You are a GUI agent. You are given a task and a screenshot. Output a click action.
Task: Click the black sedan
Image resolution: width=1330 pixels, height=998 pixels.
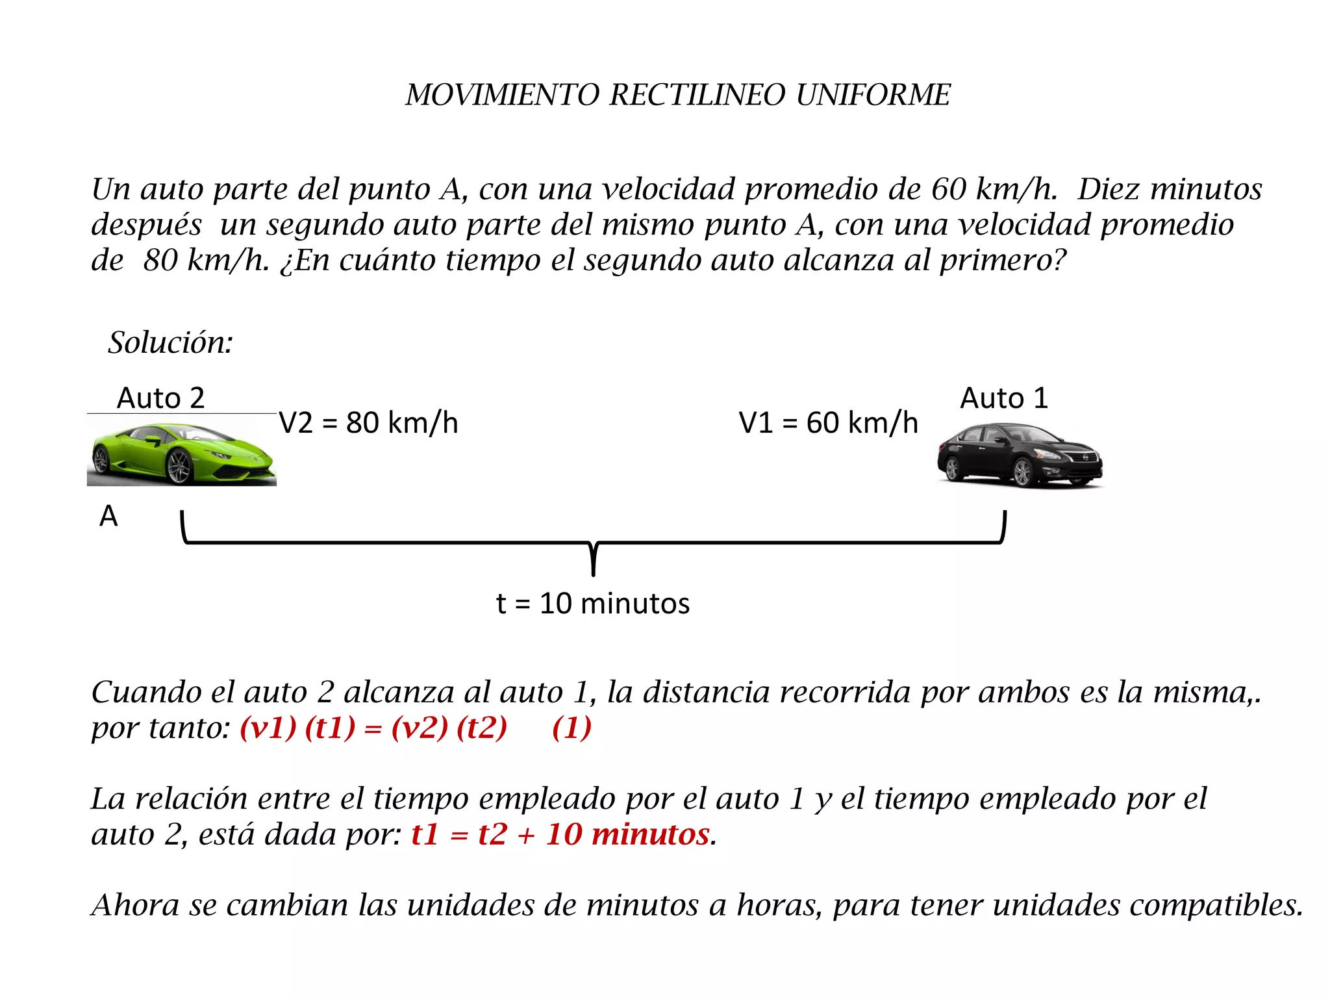(1020, 455)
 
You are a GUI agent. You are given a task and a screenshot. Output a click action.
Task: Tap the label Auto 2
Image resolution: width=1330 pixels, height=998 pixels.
(160, 398)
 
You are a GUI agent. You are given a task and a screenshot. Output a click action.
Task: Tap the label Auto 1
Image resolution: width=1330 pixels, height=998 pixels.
(1004, 398)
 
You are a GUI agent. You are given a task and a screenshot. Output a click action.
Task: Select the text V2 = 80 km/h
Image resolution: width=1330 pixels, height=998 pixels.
(368, 423)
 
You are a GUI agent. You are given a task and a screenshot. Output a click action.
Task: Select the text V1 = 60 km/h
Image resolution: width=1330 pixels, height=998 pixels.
(828, 423)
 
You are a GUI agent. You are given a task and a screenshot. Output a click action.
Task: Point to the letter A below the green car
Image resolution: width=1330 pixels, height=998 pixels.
(108, 517)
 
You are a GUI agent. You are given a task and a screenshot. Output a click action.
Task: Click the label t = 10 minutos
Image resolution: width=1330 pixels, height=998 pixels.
(592, 604)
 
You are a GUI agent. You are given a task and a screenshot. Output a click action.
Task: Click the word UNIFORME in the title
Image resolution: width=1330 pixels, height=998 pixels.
(873, 95)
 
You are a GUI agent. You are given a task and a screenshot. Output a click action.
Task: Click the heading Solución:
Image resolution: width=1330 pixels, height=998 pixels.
(170, 342)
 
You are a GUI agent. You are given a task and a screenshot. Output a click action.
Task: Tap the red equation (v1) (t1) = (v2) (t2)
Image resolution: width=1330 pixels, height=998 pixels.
(373, 728)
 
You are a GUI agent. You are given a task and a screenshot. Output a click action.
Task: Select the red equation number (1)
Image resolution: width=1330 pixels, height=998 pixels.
(571, 728)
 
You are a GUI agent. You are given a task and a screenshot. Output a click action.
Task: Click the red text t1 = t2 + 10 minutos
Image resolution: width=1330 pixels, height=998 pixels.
(560, 834)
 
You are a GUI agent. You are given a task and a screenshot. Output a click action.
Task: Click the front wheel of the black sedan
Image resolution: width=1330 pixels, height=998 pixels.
(1023, 472)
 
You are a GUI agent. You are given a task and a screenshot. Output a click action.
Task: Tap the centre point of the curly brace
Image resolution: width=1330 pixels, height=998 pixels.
(593, 559)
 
